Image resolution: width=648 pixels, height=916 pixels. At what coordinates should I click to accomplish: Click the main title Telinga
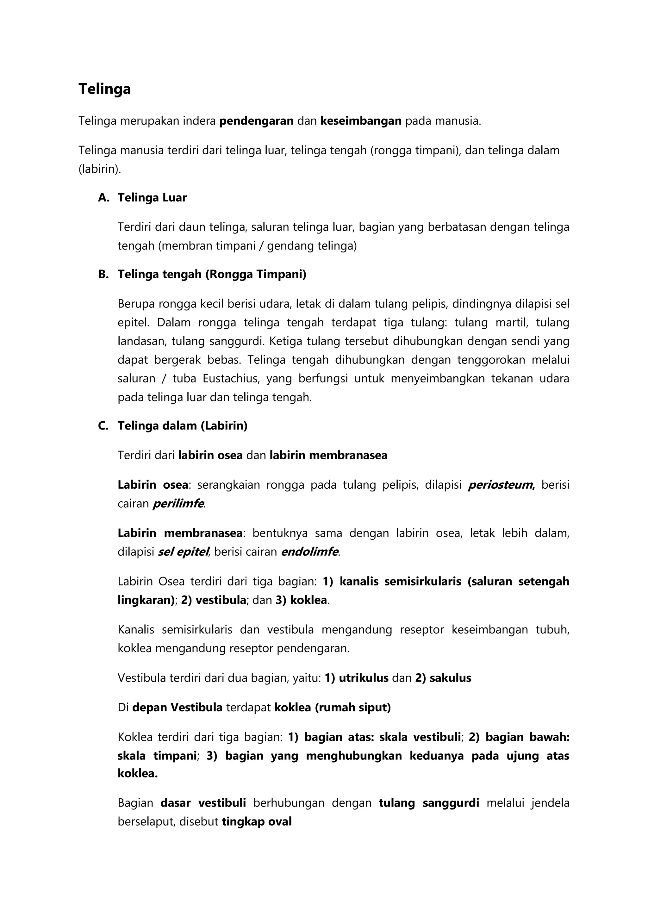coord(104,89)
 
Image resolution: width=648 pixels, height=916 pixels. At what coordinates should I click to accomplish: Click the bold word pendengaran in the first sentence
coord(257,121)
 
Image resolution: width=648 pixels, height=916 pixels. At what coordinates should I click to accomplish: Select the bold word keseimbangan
coord(361,121)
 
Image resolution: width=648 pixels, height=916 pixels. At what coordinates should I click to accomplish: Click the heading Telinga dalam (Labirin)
coord(182,426)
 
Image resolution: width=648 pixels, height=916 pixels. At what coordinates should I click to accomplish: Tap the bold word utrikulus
coord(364,678)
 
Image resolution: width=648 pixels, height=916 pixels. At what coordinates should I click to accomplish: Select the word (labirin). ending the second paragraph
coord(99,169)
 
